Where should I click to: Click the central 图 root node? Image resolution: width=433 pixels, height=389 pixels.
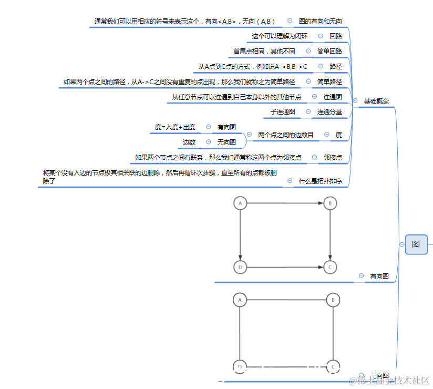(x=416, y=244)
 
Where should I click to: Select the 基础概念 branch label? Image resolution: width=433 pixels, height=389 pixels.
(x=376, y=101)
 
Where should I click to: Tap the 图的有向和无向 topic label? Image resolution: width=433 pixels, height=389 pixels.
(x=320, y=22)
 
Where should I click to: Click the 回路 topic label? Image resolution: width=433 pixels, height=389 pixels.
(x=336, y=36)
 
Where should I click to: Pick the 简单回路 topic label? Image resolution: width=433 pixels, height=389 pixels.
(x=329, y=52)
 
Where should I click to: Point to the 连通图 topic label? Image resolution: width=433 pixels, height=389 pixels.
(x=333, y=97)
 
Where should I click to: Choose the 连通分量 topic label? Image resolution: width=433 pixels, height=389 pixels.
(x=329, y=112)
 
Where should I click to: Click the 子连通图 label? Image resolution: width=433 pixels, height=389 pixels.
(x=283, y=112)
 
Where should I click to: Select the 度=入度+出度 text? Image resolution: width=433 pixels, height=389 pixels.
(x=175, y=127)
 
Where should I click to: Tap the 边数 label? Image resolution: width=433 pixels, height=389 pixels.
(x=189, y=142)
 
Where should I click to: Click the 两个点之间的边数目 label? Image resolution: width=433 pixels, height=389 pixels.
(x=285, y=135)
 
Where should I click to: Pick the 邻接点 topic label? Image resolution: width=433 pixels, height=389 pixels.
(x=333, y=158)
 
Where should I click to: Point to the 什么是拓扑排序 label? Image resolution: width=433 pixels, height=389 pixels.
(x=320, y=181)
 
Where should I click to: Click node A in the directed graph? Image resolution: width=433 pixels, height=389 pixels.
(x=240, y=203)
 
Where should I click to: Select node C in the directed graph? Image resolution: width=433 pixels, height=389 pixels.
(x=330, y=267)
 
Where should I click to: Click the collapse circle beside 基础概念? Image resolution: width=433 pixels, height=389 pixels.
(x=356, y=101)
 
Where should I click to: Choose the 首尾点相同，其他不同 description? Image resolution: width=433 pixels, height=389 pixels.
(x=264, y=52)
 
